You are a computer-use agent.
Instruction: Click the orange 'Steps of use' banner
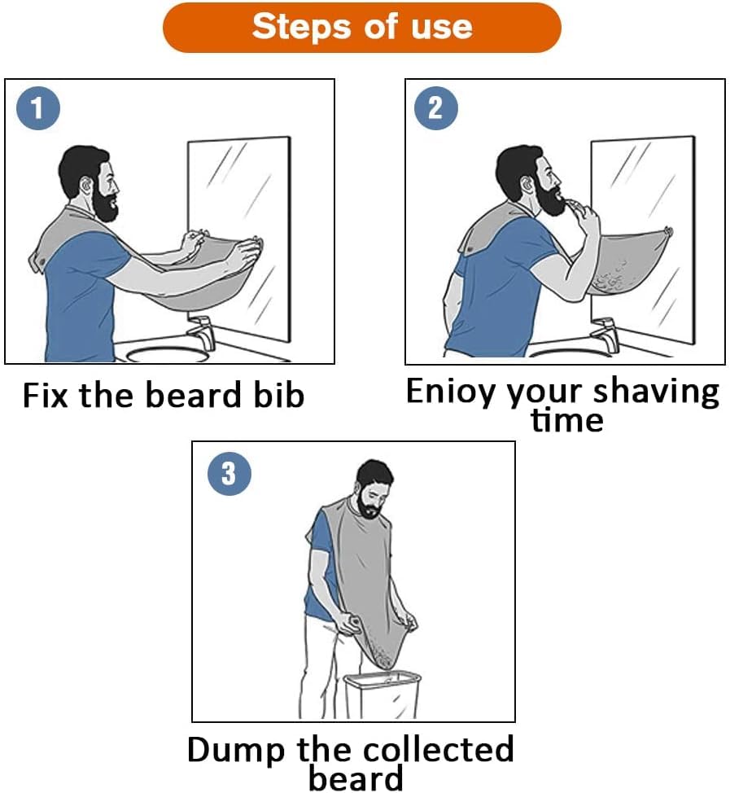pyautogui.click(x=361, y=28)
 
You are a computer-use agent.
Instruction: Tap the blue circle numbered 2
pyautogui.click(x=435, y=108)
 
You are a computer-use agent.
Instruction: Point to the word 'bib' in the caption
pyautogui.click(x=278, y=395)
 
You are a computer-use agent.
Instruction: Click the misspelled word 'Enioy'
pyautogui.click(x=450, y=392)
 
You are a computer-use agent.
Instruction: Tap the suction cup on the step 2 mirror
pyautogui.click(x=669, y=232)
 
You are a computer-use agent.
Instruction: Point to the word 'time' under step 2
pyautogui.click(x=566, y=421)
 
